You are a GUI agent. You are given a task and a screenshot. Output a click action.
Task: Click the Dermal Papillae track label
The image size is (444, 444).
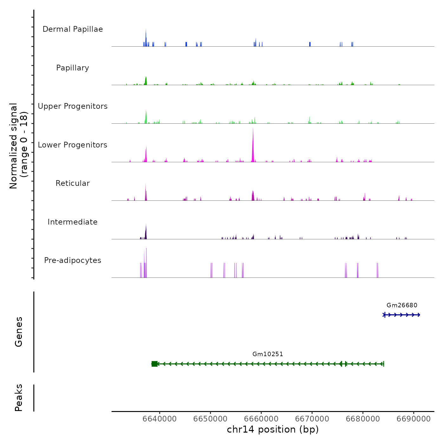point(73,29)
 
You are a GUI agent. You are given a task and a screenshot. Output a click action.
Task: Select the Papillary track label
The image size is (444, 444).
point(73,68)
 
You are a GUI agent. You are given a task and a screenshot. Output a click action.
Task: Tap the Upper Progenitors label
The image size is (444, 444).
point(73,106)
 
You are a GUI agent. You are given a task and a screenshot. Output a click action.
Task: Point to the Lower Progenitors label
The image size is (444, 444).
point(73,145)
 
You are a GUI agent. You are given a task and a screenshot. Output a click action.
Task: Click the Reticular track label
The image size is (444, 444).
point(73,183)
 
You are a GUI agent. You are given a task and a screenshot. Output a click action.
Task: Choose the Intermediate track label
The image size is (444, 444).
point(73,222)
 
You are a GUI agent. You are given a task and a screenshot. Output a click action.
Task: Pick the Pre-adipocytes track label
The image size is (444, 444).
point(73,260)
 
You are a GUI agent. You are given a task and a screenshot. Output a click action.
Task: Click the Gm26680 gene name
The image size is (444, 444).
point(402,305)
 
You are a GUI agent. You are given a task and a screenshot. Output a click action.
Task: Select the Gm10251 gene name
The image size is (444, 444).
point(268,354)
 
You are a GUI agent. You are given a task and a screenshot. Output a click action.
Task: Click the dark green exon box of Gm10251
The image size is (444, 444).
point(154,364)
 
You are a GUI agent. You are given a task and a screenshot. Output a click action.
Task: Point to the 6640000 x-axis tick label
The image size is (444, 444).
point(160,419)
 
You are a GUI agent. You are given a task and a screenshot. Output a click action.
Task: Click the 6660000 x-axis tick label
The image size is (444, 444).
point(261,419)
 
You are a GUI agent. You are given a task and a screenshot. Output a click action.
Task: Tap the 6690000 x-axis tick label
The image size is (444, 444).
point(414,419)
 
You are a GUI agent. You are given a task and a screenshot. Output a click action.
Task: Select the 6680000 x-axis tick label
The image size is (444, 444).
point(363,419)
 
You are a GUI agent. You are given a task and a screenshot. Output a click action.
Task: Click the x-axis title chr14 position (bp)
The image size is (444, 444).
point(273,429)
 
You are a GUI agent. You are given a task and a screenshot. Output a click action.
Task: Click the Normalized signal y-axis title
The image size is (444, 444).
point(18,146)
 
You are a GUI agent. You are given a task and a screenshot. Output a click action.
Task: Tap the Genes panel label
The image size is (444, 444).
point(19,332)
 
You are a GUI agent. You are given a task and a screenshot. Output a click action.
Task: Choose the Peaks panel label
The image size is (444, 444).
point(19,398)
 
